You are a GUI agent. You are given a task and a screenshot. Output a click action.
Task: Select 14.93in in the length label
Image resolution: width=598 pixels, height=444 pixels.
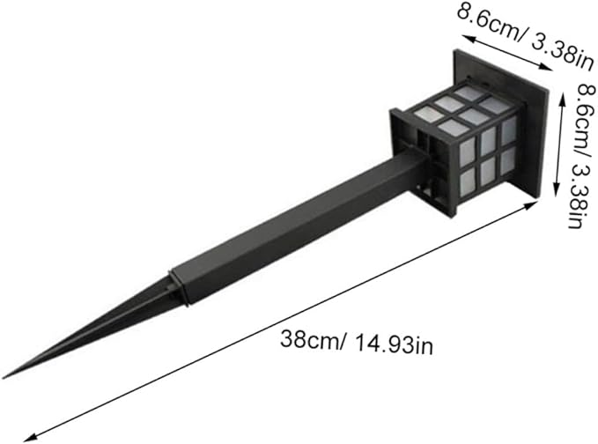pyautogui.click(x=395, y=345)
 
